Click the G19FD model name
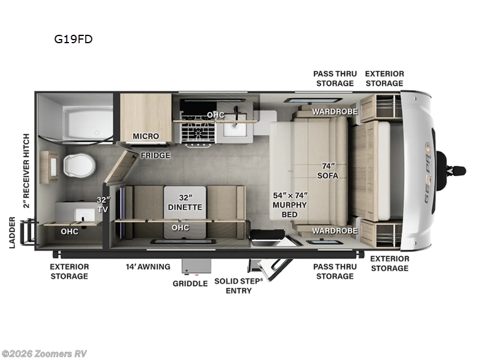click(x=73, y=40)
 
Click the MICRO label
click(x=146, y=136)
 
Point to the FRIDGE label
click(x=155, y=155)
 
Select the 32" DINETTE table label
click(x=185, y=202)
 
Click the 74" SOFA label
click(x=328, y=171)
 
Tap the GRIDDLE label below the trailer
click(x=190, y=283)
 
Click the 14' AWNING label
click(x=148, y=266)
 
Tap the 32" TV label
click(x=104, y=204)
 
